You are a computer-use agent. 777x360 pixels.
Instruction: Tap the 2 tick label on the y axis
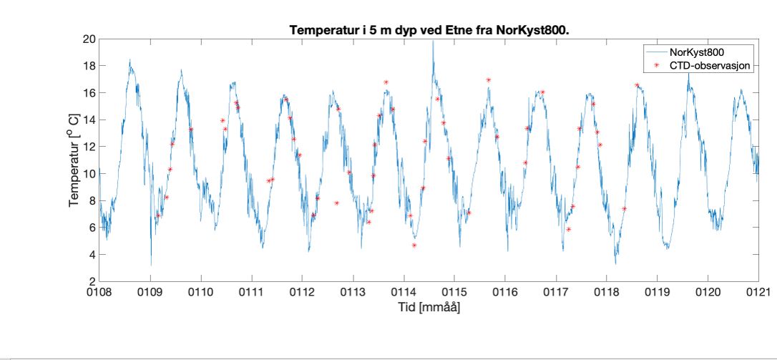91,281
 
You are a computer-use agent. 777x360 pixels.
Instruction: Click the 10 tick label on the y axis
88,173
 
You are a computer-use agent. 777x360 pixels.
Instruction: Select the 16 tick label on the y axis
88,92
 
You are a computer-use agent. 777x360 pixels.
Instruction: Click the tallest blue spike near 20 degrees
432,42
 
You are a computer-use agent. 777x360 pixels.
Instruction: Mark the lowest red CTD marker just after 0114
414,245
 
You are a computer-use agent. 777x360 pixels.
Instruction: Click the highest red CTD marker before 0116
488,79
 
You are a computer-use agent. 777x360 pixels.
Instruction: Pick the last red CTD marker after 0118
636,85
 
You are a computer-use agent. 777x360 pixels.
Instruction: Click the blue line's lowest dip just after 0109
150,264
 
